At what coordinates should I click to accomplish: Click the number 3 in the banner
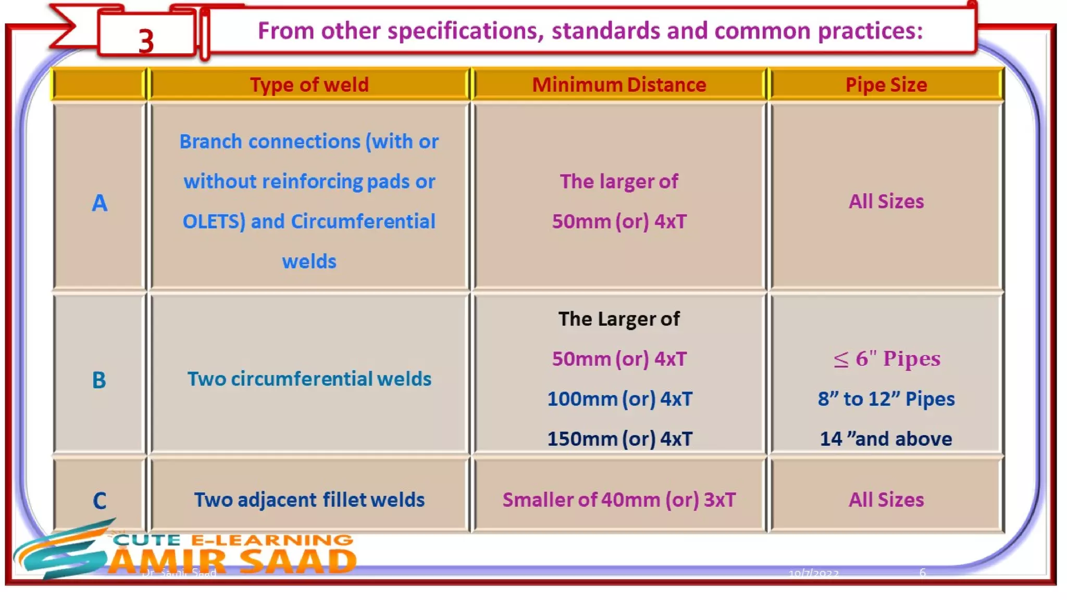click(x=146, y=41)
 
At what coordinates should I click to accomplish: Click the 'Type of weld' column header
click(x=309, y=84)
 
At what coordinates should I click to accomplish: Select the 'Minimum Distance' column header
click(x=619, y=84)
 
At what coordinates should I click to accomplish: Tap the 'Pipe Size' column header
click(x=886, y=84)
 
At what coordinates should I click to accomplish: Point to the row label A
click(x=100, y=203)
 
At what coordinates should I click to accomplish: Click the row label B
click(x=99, y=380)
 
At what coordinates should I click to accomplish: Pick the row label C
click(x=100, y=501)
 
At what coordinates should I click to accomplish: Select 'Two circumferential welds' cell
click(x=309, y=379)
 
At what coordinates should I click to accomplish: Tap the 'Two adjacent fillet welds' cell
click(x=309, y=499)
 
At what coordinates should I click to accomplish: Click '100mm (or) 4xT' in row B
click(x=619, y=399)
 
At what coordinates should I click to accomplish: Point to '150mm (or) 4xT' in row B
click(x=619, y=439)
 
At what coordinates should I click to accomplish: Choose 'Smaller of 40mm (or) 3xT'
click(x=619, y=499)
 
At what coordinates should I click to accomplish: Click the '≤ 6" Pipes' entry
click(x=886, y=358)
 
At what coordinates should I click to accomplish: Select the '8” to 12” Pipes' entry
click(x=886, y=399)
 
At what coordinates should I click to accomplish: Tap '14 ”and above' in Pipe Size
click(x=886, y=439)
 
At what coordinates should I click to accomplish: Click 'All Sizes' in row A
click(x=886, y=201)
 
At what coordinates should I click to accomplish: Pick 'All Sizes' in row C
click(x=886, y=499)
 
